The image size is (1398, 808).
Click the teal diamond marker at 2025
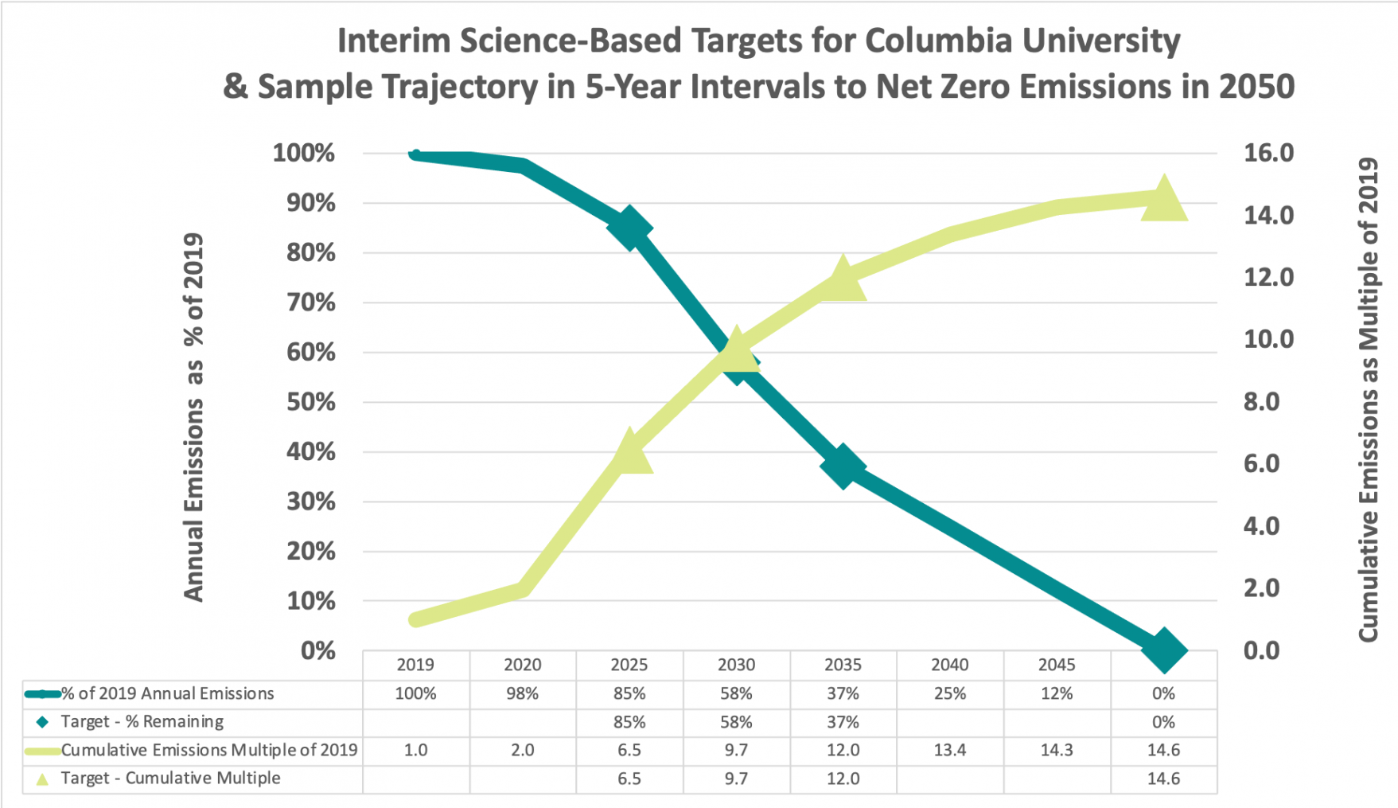(629, 228)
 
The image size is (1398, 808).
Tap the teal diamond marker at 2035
(843, 466)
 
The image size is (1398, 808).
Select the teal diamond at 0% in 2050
(1163, 650)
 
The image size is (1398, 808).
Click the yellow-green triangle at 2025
(629, 452)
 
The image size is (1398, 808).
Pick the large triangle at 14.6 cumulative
(1163, 199)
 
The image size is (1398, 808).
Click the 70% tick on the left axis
(311, 303)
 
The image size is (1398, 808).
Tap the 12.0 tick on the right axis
(1268, 277)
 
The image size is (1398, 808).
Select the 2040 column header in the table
(949, 665)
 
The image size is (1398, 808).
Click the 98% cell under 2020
(522, 693)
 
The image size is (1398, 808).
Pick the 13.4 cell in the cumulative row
(949, 750)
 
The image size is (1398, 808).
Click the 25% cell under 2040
(949, 693)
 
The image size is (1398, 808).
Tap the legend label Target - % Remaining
(142, 721)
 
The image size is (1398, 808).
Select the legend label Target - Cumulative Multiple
(170, 778)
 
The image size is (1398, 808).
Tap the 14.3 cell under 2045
(1056, 750)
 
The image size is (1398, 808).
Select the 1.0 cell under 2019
(415, 750)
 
